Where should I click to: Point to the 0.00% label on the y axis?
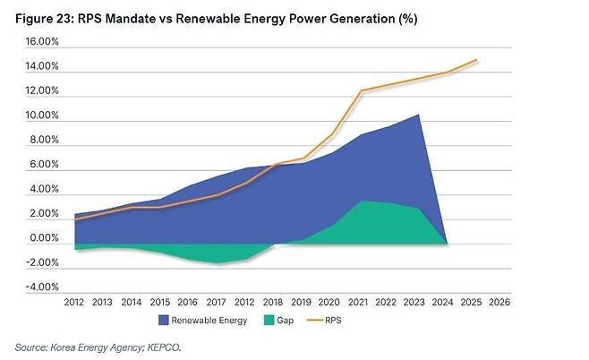coord(42,238)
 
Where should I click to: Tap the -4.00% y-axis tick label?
coord(40,287)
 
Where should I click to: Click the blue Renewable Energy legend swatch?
coord(166,319)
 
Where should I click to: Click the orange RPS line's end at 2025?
coord(475,60)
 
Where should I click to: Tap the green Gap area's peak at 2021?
coord(361,201)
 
